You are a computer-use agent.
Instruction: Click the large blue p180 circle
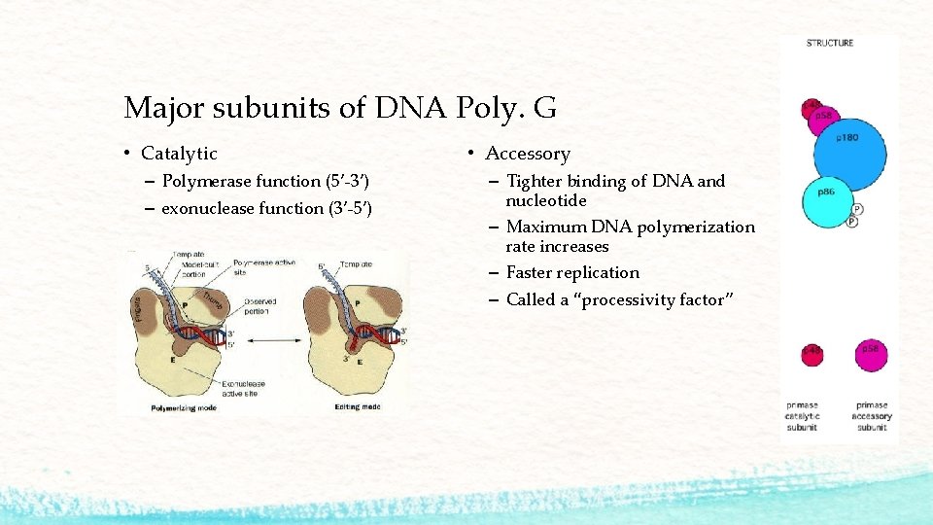848,146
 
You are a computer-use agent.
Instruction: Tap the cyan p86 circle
826,199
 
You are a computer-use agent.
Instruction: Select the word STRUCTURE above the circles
830,43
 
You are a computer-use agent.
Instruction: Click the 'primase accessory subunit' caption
872,417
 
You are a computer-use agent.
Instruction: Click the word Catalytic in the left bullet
179,154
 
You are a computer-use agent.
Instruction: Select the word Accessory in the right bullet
528,154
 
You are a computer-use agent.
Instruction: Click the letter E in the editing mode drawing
361,361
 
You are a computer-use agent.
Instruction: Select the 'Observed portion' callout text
259,306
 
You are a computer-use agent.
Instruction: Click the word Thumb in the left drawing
211,303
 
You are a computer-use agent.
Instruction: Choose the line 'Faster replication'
572,273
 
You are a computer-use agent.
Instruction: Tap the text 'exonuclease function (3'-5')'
266,208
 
